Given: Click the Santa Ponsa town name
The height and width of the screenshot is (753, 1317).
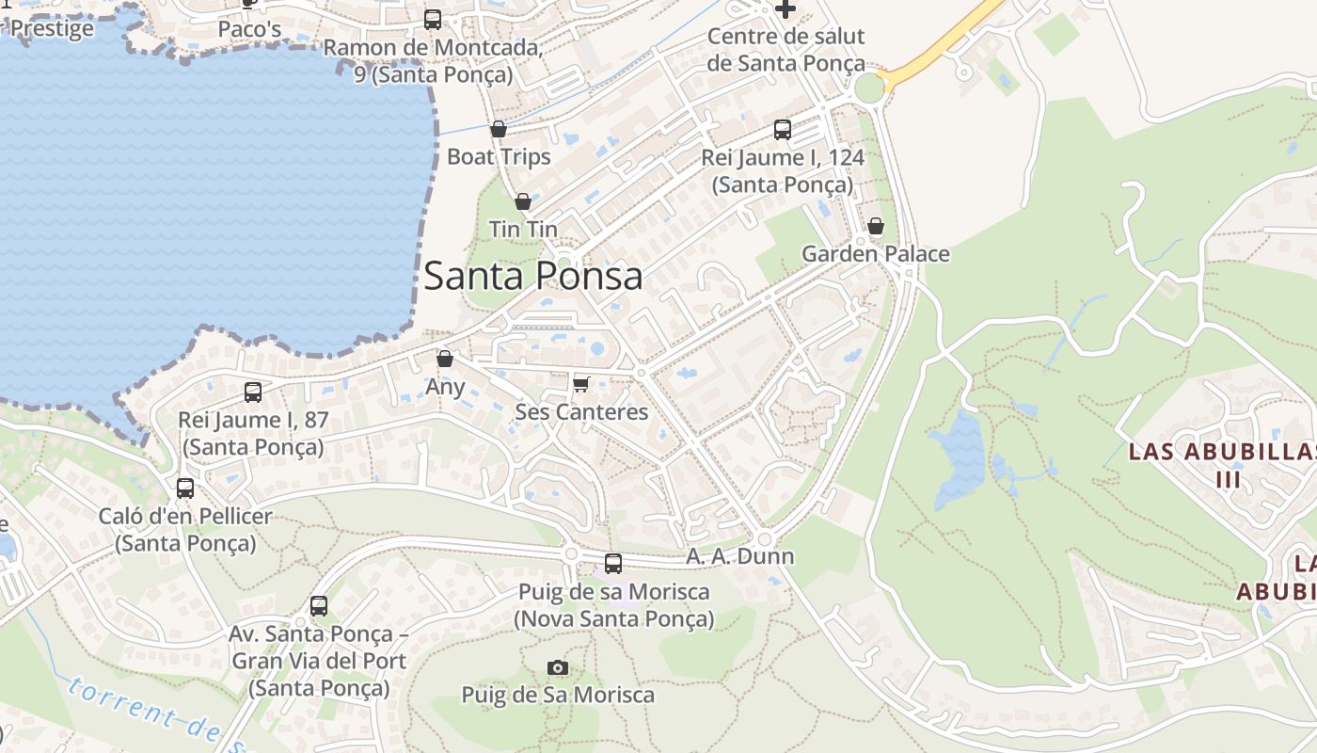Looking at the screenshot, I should (x=532, y=276).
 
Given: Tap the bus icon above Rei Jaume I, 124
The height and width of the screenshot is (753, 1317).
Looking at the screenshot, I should (x=783, y=130).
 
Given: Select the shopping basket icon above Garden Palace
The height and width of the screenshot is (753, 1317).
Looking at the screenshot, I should (x=876, y=226).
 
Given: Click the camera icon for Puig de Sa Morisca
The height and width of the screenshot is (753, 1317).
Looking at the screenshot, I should (x=558, y=667).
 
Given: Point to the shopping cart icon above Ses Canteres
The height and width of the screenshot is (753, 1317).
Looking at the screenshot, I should (x=580, y=384).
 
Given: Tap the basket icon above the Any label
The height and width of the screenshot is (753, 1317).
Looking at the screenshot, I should (x=445, y=359).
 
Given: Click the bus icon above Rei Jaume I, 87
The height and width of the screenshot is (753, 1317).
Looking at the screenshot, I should (x=252, y=393).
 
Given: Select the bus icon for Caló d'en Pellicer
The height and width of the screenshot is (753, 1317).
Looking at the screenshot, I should (x=185, y=488).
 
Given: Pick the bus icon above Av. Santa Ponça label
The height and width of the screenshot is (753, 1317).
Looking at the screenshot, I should (x=319, y=606).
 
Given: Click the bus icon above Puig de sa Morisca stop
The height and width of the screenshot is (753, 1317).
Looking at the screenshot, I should (x=613, y=564).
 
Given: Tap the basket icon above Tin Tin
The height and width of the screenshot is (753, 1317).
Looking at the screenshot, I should (x=523, y=201).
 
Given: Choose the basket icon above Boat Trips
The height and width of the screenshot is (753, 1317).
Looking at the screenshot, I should (x=499, y=129).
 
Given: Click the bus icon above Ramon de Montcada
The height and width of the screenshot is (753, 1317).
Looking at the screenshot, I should (x=433, y=19).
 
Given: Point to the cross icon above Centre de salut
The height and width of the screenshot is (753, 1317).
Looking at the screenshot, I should (x=785, y=9).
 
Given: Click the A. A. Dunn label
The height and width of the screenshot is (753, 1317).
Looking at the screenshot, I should (x=739, y=556).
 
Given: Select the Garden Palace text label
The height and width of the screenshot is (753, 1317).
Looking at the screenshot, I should (x=875, y=254).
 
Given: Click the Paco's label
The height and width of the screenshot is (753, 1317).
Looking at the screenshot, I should (x=249, y=29).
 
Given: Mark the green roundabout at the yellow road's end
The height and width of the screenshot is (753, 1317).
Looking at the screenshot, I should (x=870, y=88).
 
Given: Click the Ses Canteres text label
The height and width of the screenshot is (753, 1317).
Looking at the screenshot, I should (x=581, y=412).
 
